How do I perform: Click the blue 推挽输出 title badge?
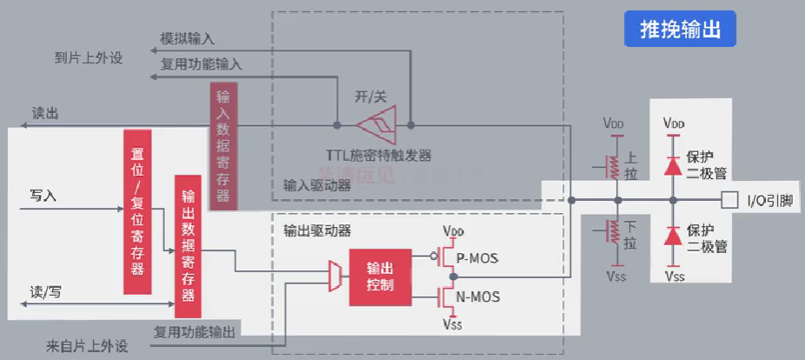click(680, 30)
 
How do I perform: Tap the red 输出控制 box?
click(380, 277)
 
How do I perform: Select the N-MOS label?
click(477, 297)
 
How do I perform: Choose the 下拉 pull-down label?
click(630, 235)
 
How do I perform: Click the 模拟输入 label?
click(187, 38)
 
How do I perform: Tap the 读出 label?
click(45, 113)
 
